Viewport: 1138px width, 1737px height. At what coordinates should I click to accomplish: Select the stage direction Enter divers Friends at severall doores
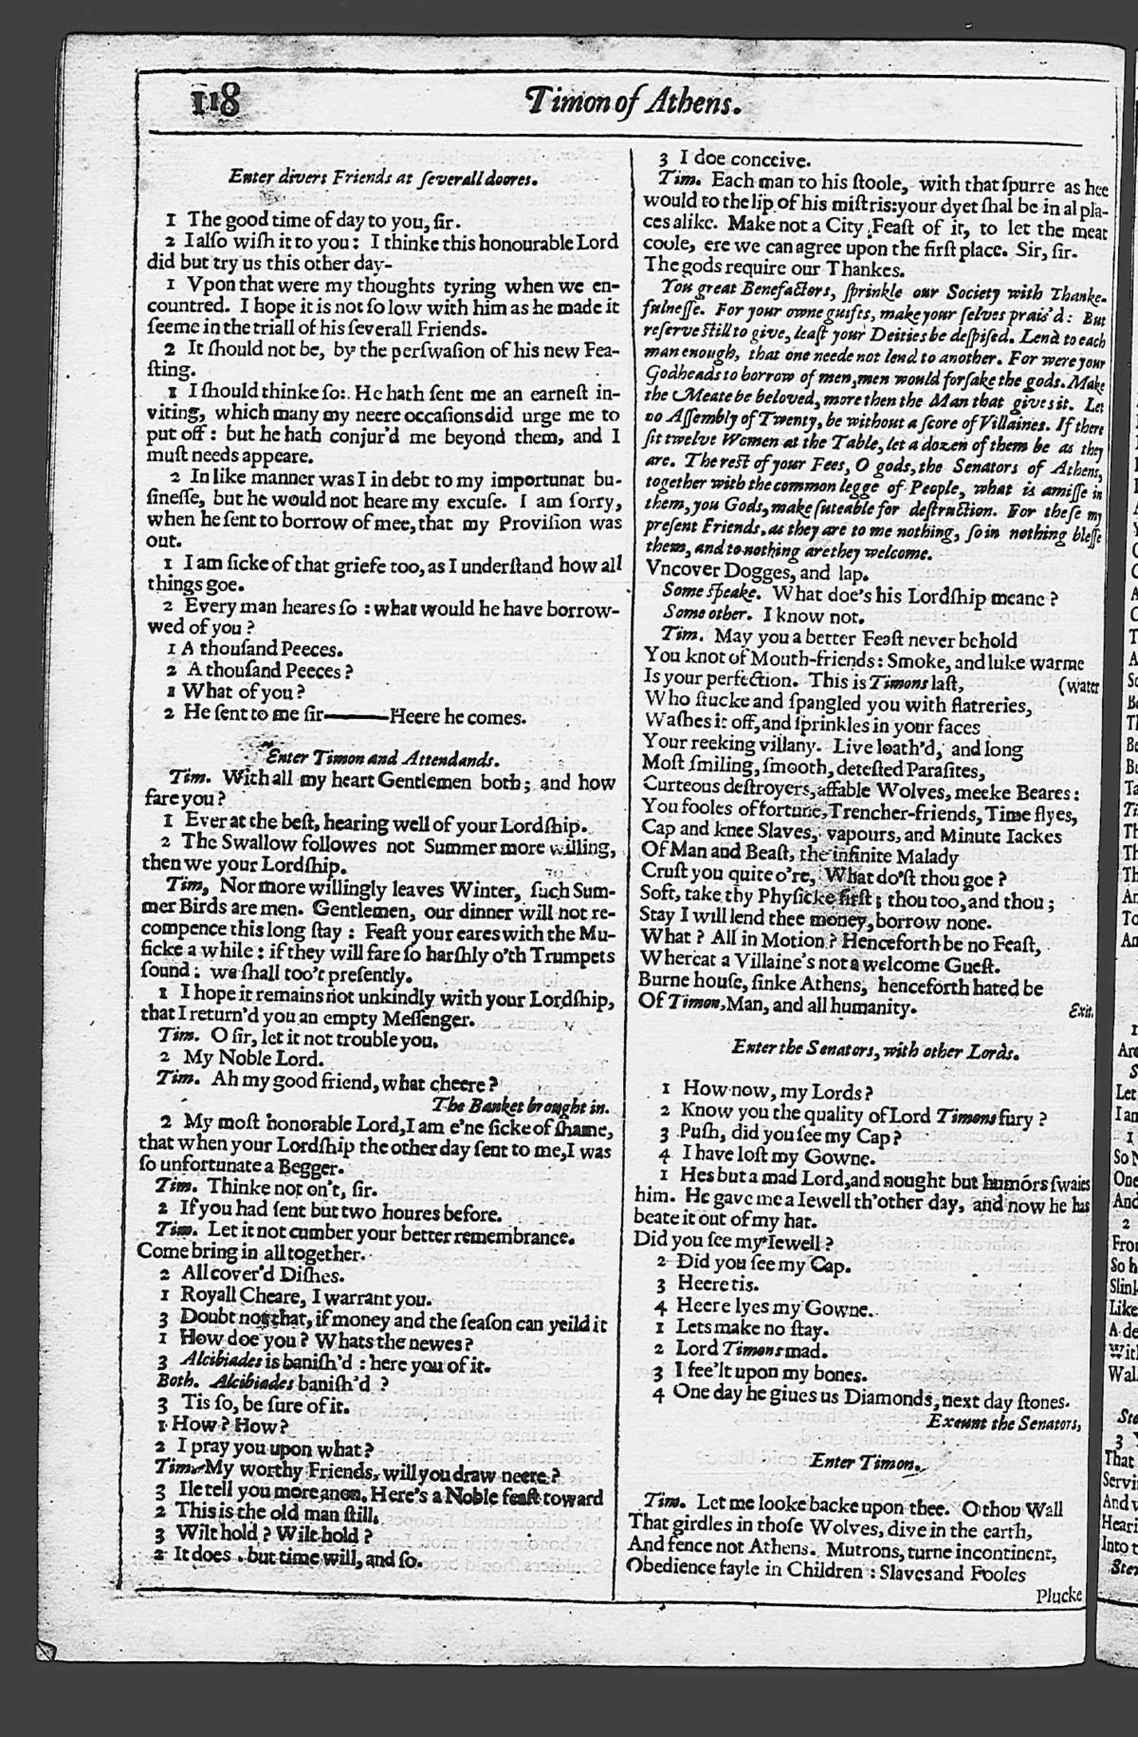383,176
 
